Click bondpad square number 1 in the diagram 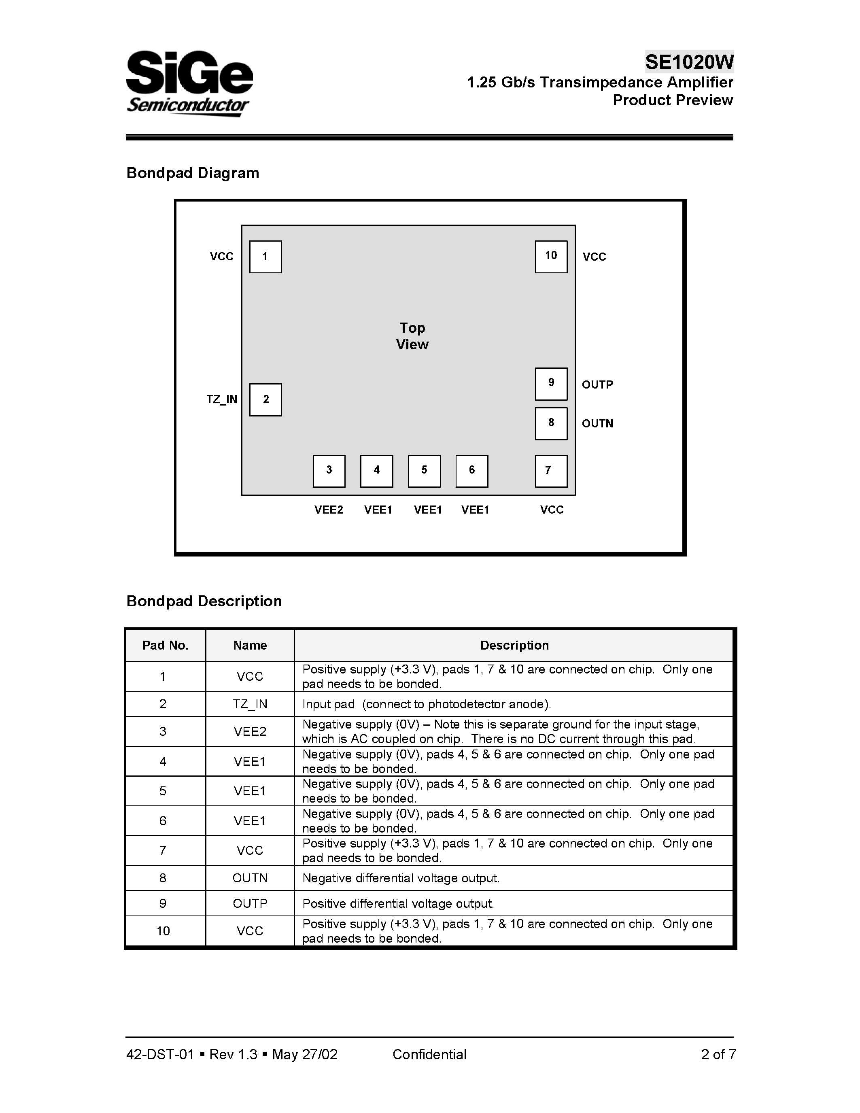pos(265,257)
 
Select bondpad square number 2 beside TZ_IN pos(265,399)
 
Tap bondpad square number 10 pos(551,257)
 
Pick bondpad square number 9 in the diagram pos(551,384)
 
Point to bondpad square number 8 pos(551,423)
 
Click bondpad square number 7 pos(551,471)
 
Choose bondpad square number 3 pos(329,471)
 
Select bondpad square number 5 pos(424,471)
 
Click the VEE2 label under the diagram pos(329,510)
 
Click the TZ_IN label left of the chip pos(222,399)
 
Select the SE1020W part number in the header pos(689,62)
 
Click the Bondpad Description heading pos(204,601)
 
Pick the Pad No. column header pos(166,645)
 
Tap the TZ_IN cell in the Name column pos(250,704)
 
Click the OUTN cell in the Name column pos(250,878)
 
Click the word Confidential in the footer pos(429,1054)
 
